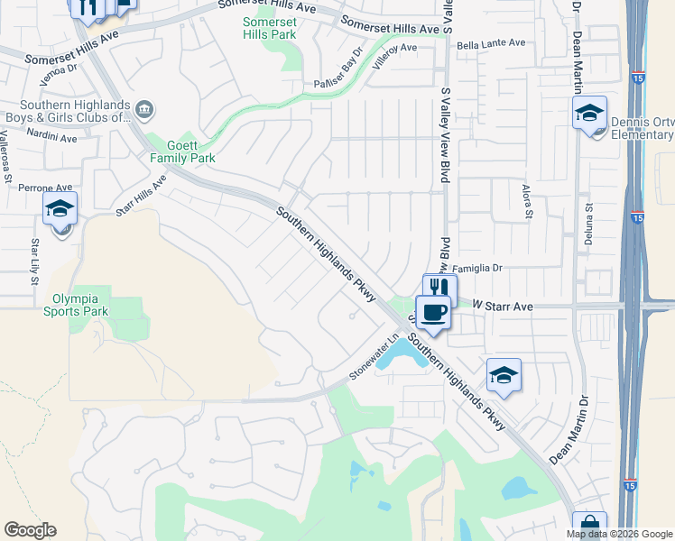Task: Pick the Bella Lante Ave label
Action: pos(491,42)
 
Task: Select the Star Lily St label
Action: pos(34,261)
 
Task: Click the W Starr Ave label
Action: pos(495,307)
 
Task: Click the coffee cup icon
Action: pos(434,312)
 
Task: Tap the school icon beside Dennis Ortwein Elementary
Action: pos(589,113)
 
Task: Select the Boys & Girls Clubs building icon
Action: pos(146,110)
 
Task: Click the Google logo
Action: pos(30,530)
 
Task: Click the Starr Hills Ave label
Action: pos(141,196)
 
